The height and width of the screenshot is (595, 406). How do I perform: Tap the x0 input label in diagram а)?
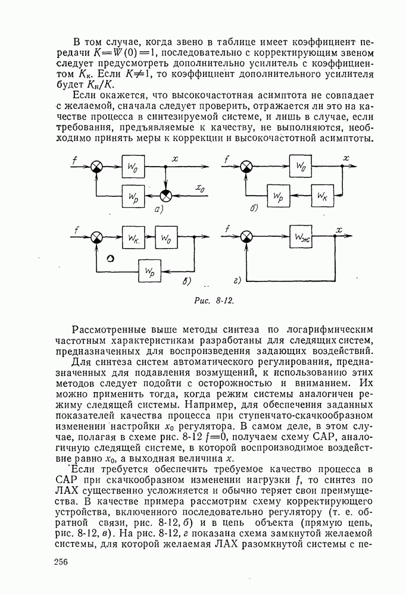tap(201, 189)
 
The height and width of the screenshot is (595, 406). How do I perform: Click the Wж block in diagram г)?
tap(301, 237)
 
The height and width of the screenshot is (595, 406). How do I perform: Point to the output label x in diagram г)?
tap(339, 229)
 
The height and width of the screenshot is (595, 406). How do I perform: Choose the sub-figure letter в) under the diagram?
tap(186, 281)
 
